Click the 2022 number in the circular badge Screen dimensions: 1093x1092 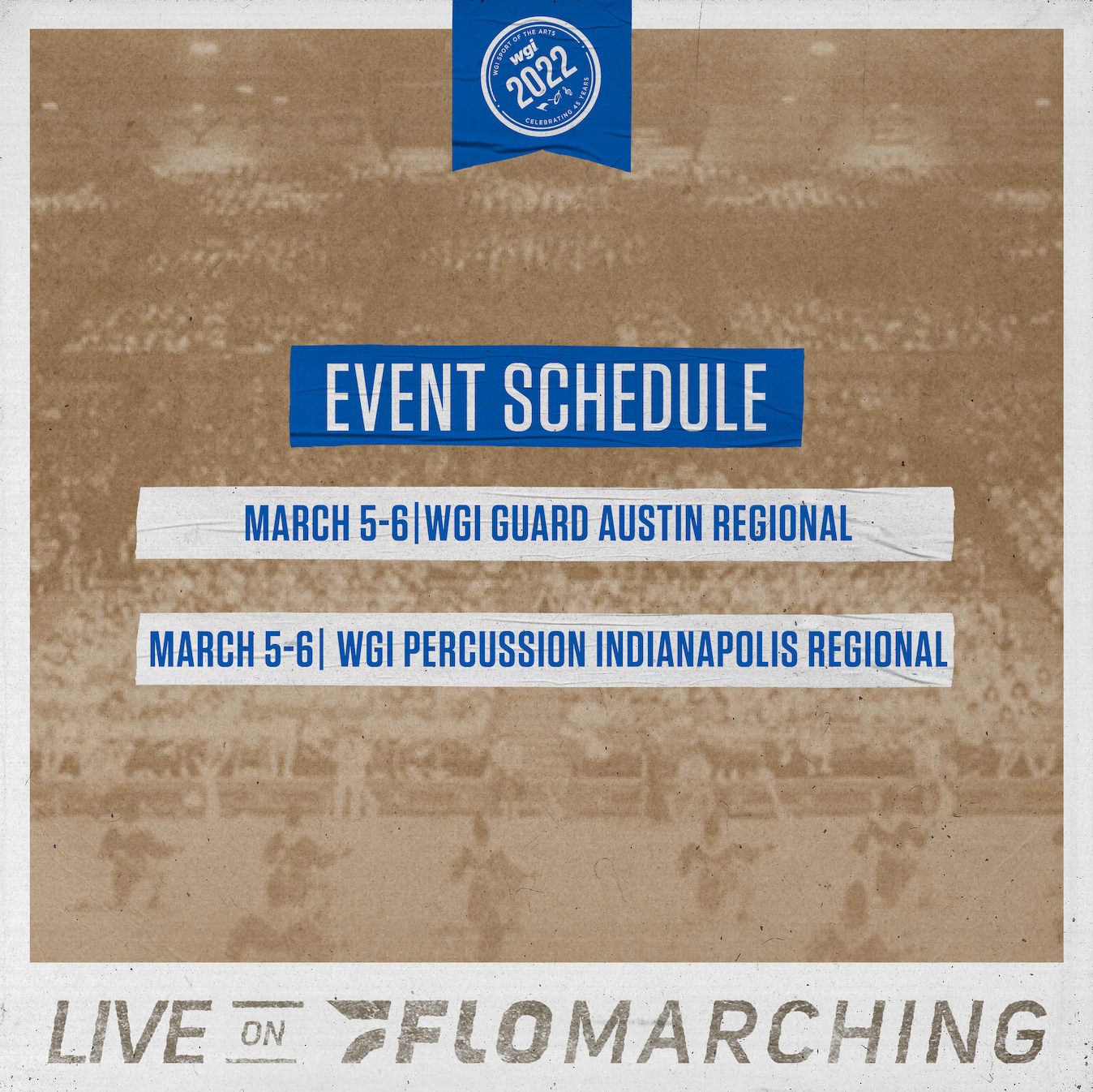point(539,75)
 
